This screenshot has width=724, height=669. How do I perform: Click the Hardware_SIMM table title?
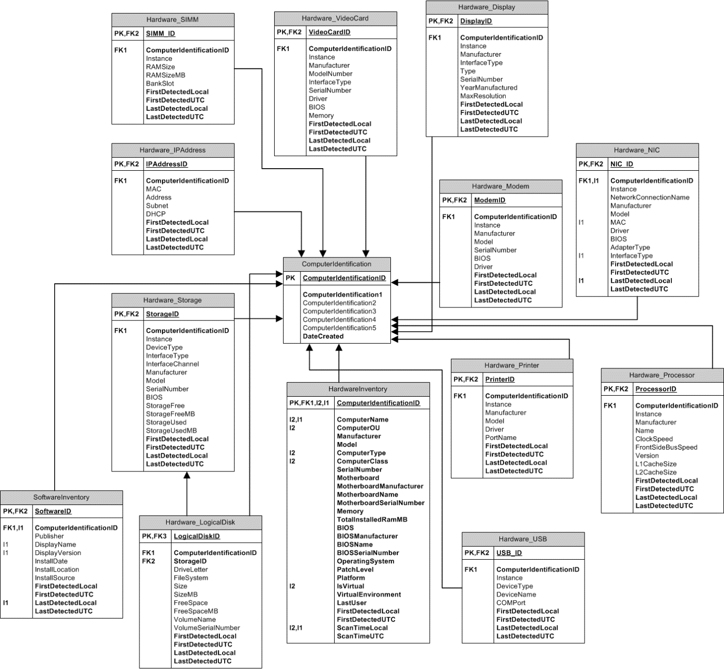coord(173,19)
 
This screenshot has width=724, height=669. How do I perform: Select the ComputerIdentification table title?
coord(337,264)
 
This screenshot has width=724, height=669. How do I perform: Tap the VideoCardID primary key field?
coord(329,32)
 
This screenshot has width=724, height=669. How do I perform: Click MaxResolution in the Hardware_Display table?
coord(483,96)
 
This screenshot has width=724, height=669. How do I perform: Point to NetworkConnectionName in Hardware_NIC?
coord(650,197)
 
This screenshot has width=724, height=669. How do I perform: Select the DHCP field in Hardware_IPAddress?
coord(156,214)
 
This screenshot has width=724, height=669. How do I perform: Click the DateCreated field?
coord(323,336)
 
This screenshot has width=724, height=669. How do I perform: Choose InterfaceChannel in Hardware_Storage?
coord(172,364)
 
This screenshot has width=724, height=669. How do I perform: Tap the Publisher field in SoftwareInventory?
coord(49,536)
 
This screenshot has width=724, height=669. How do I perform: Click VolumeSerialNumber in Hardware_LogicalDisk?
coord(207,627)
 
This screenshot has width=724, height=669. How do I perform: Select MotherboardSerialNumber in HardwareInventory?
coord(380,502)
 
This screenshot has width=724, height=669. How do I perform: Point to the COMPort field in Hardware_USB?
coord(511,603)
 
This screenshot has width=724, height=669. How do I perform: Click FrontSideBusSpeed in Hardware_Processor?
coord(666,447)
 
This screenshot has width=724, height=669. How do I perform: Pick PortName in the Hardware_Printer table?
coord(500,437)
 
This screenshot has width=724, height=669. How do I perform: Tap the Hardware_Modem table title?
coord(500,186)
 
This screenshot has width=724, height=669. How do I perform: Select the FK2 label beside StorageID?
coord(148,561)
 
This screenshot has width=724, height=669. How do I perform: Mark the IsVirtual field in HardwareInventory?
coord(350,586)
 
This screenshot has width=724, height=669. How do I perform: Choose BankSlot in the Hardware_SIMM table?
coord(160,83)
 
